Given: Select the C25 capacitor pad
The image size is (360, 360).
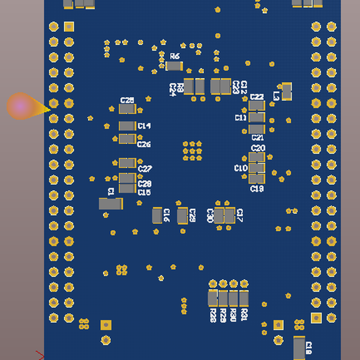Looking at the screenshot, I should pos(127,109).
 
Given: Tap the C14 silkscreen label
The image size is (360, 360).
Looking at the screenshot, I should pos(144,126).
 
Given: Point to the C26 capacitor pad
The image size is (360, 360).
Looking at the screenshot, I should pos(127,139).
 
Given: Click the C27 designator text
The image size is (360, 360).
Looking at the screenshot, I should pos(145,169).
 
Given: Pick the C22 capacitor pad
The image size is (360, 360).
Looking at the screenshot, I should pos(256,106).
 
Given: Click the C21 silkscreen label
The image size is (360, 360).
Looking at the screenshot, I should pos(257,138).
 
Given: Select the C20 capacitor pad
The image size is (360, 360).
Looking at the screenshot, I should pos(256,157).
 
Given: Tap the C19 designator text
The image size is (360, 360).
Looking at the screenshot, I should pos(257,188).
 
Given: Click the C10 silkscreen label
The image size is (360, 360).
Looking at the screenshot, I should pos(241,168).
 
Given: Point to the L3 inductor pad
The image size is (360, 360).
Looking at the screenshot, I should pos(287,91).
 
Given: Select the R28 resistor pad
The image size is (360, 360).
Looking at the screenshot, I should pos(212,298).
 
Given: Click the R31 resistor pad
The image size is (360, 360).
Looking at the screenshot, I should pos(244,298).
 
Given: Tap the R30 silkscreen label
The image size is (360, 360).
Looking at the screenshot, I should pos(233,315).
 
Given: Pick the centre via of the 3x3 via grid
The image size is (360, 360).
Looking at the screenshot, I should pos(192,151).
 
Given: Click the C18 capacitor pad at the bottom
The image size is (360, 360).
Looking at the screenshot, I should pos(299,347).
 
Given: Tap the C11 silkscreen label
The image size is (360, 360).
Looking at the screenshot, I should pos(241,118).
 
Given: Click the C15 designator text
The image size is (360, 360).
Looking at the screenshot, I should pos(144,193).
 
